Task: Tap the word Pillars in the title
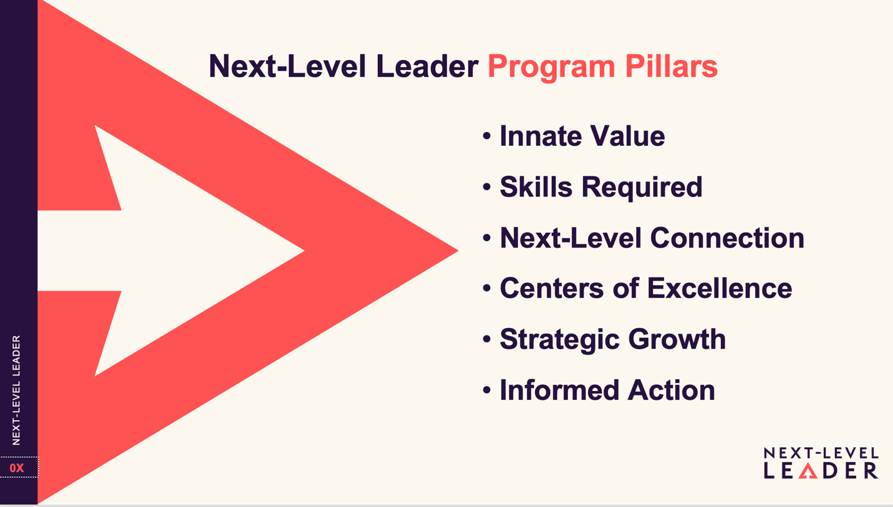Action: pos(672,65)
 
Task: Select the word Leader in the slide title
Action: pos(427,65)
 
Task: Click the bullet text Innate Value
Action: pos(582,136)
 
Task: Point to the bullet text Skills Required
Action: pos(601,187)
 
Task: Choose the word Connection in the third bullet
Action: pos(727,238)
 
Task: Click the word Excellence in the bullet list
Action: pos(720,287)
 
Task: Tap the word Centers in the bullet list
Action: pos(552,287)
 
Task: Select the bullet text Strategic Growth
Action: pos(613,340)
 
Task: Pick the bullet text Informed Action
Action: pos(607,389)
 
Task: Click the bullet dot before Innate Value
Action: pos(486,135)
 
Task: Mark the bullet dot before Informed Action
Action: pos(486,389)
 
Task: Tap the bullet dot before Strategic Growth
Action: pos(486,339)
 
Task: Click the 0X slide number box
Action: pos(19,467)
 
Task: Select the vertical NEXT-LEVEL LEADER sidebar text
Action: pos(16,390)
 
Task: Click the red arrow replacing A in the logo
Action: pos(808,471)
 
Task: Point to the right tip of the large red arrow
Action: pos(458,251)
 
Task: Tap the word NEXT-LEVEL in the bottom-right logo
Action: pos(821,453)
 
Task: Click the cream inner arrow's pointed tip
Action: pos(304,251)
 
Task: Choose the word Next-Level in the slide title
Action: pos(287,65)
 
